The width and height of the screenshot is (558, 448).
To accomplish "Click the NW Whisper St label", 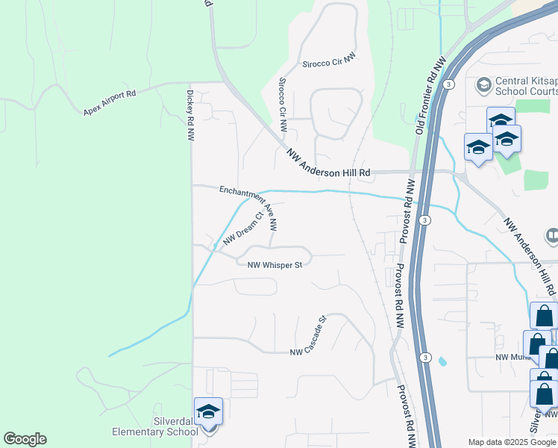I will tap(275, 264).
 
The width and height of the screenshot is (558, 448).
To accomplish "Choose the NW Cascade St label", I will tap(308, 337).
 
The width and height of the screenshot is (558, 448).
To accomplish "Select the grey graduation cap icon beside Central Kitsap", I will tap(483, 84).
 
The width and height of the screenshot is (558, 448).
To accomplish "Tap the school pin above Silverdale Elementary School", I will tap(208, 412).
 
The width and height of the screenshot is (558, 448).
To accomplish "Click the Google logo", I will tap(25, 438).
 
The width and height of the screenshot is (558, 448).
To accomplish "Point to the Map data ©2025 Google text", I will tap(512, 442).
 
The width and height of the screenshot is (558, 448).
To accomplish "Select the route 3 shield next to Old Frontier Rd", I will tap(447, 86).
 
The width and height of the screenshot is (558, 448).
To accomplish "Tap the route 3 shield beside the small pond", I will tap(424, 355).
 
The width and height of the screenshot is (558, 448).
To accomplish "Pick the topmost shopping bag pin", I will tap(543, 316).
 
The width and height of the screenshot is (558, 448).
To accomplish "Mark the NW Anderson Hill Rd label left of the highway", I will tap(329, 162).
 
